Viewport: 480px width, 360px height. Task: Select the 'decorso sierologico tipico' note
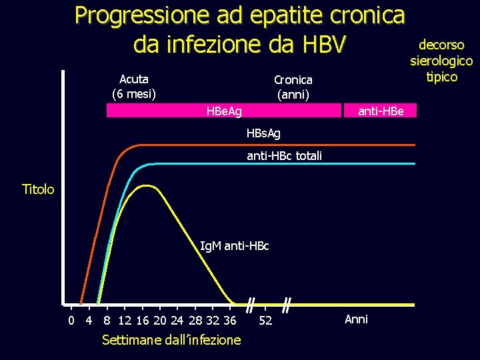pyautogui.click(x=441, y=61)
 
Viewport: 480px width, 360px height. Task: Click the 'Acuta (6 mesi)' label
pyautogui.click(x=134, y=86)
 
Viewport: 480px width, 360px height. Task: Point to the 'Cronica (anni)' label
pyautogui.click(x=293, y=87)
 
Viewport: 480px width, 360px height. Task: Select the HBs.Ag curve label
pyautogui.click(x=263, y=133)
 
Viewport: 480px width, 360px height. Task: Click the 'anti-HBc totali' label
pyautogui.click(x=284, y=156)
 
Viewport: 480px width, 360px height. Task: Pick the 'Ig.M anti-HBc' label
pyautogui.click(x=235, y=246)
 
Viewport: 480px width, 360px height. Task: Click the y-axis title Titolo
pyautogui.click(x=38, y=189)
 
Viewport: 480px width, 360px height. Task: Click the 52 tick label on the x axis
pyautogui.click(x=265, y=321)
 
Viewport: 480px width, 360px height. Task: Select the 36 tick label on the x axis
pyautogui.click(x=230, y=320)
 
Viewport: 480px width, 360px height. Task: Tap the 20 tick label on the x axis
pyautogui.click(x=160, y=320)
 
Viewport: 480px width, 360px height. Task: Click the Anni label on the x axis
pyautogui.click(x=356, y=319)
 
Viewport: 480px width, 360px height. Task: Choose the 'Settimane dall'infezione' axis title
pyautogui.click(x=171, y=340)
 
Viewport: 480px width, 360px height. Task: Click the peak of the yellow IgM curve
pyautogui.click(x=145, y=185)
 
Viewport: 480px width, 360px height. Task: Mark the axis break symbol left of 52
pyautogui.click(x=249, y=306)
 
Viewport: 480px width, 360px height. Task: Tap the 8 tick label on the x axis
pyautogui.click(x=107, y=320)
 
